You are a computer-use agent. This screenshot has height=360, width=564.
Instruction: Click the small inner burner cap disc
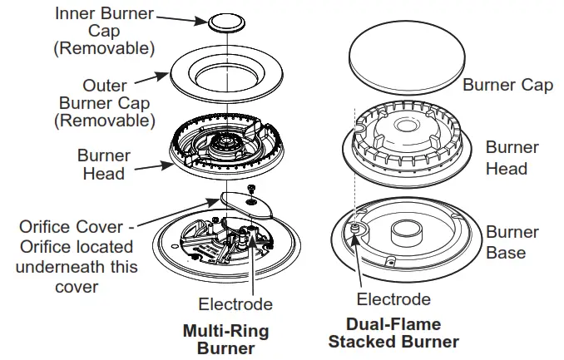pos(221,21)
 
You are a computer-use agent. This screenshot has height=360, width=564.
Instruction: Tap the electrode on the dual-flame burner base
pos(354,228)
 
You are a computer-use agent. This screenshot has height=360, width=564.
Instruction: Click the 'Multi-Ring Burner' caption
pos(225,339)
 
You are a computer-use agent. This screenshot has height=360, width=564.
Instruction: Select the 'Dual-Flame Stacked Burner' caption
pos(393,333)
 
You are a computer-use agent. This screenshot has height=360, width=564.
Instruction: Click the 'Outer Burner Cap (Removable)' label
pos(104,103)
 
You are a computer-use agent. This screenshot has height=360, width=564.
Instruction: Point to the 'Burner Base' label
pos(512,241)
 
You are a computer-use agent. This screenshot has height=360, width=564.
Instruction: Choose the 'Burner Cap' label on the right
pos(507,85)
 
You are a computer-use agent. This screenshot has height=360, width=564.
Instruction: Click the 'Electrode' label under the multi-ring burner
pos(235,304)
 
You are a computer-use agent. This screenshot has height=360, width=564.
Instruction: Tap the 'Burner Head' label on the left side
pos(104,165)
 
